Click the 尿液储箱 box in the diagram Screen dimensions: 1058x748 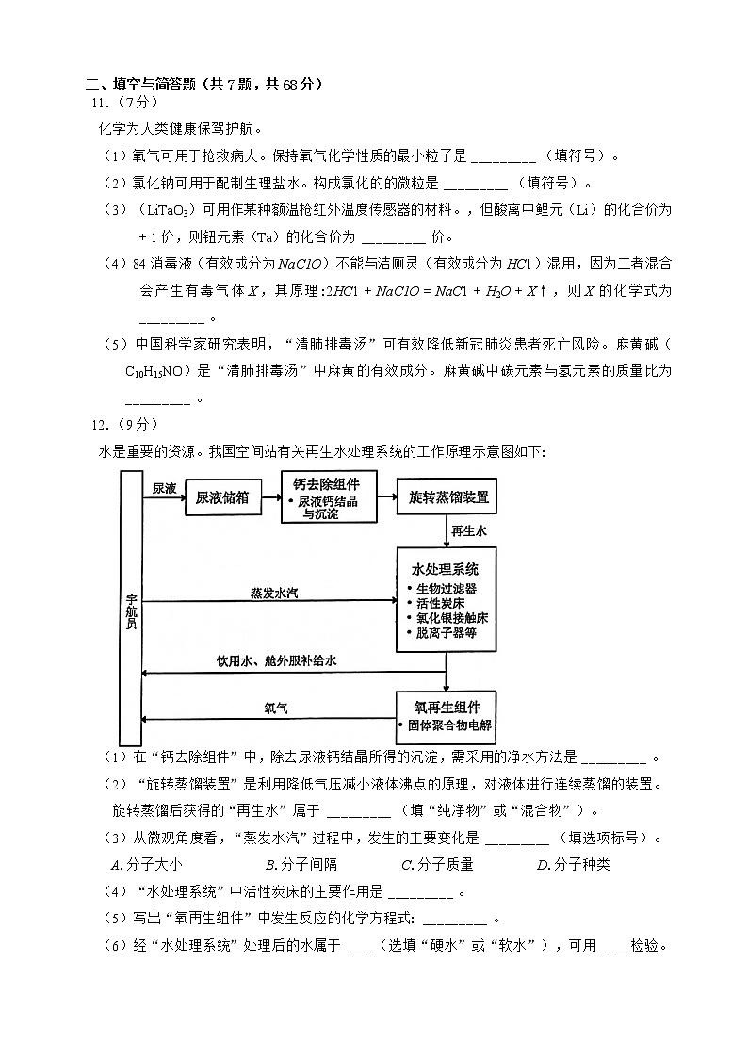point(222,497)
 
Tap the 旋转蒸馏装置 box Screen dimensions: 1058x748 point(448,496)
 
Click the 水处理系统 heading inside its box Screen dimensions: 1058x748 point(446,569)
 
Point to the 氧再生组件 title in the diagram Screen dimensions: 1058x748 point(447,707)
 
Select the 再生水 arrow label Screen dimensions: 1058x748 point(469,531)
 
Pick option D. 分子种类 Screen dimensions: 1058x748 point(573,864)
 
